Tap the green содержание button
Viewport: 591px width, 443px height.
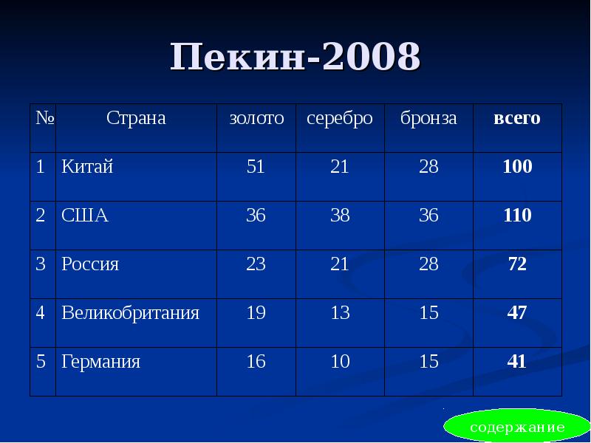tap(517, 427)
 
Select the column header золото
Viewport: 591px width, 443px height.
tap(256, 118)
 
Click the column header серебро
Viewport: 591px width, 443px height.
tap(340, 118)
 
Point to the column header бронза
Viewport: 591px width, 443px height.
tap(428, 118)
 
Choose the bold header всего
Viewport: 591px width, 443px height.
tap(517, 118)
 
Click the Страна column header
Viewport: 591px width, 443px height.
tap(136, 118)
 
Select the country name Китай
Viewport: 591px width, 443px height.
tap(87, 167)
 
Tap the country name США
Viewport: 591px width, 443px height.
tap(85, 216)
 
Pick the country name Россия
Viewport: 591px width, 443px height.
tap(90, 264)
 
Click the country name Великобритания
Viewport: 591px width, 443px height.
tap(131, 313)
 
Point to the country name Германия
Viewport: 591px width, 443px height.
tap(101, 362)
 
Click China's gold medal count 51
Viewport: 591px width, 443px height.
tap(256, 167)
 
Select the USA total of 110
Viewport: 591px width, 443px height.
tap(517, 216)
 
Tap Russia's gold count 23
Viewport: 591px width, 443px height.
tap(256, 264)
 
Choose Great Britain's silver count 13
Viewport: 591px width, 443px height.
tap(340, 313)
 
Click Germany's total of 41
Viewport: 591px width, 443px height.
tap(517, 362)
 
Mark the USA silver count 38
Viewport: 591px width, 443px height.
tap(340, 216)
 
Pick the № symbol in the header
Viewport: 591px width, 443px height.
tap(43, 118)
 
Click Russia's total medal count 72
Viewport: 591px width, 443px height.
tap(517, 264)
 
